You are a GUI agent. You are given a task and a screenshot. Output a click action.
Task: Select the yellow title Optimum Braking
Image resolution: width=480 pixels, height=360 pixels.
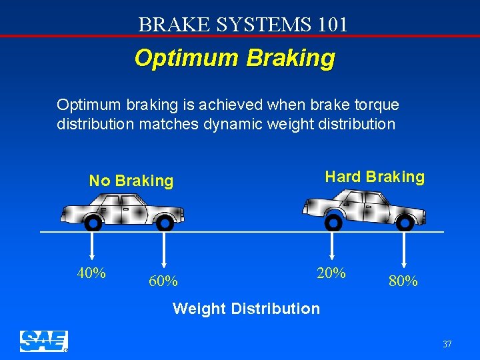[235, 58]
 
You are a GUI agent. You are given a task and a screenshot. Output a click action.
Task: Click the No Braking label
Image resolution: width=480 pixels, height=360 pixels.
[131, 181]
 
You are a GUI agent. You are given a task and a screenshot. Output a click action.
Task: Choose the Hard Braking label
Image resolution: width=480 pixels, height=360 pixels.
[374, 177]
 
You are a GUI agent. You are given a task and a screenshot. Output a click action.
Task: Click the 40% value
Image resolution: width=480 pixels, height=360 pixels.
[92, 273]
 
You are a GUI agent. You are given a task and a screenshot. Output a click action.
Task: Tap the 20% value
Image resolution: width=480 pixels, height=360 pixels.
[331, 273]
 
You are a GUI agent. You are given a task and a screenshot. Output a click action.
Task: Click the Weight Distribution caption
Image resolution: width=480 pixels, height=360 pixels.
[246, 309]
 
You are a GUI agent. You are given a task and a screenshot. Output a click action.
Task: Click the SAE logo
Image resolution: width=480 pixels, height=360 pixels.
[43, 341]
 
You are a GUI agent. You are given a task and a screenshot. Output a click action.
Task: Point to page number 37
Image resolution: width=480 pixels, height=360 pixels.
[447, 344]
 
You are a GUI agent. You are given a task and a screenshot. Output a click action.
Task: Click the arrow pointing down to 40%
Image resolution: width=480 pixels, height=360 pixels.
[92, 247]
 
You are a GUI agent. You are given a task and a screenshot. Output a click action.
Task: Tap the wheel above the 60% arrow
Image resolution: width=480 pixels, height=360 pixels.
[165, 223]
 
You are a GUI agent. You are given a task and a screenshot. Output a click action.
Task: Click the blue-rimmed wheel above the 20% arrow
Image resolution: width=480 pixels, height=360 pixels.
[333, 221]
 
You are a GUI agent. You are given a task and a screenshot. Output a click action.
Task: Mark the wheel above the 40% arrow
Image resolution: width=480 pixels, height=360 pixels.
[94, 223]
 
